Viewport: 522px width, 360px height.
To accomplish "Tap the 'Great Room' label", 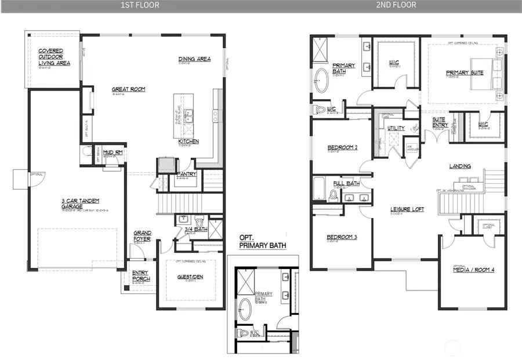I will point(128,89).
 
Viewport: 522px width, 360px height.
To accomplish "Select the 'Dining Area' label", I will point(194,59).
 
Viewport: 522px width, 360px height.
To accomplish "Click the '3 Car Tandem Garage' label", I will point(72,203).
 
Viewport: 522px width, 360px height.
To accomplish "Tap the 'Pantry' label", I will point(187,173).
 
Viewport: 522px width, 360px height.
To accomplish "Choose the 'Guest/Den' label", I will point(190,277).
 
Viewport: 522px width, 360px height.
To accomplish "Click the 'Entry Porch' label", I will point(140,276).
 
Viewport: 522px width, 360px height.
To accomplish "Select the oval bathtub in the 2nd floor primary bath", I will point(322,81).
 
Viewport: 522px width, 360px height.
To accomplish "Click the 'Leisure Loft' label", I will point(405,211).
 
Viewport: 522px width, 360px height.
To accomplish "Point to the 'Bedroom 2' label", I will point(342,147).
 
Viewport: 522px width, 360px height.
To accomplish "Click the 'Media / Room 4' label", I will point(473,270).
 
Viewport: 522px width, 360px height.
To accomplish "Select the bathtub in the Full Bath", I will point(319,188).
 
